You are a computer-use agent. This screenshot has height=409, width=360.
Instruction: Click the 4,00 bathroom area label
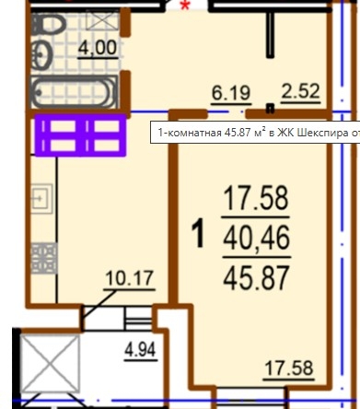pyautogui.click(x=98, y=48)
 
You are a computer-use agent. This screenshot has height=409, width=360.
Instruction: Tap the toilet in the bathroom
pyautogui.click(x=49, y=24)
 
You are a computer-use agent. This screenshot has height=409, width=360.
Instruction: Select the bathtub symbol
pyautogui.click(x=74, y=91)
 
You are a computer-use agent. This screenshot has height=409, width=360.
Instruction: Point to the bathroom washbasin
pyautogui.click(x=42, y=55)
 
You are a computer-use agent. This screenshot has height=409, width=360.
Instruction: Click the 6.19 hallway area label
pyautogui.click(x=231, y=93)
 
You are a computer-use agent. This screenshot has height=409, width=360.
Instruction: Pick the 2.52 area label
pyautogui.click(x=300, y=91)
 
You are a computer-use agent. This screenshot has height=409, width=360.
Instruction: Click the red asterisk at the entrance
pyautogui.click(x=185, y=6)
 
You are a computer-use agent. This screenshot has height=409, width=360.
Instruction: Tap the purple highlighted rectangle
pyautogui.click(x=80, y=135)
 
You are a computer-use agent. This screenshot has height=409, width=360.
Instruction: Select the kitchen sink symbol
pyautogui.click(x=42, y=199)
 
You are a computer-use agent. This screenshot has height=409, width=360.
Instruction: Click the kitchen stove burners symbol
pyautogui.click(x=44, y=258)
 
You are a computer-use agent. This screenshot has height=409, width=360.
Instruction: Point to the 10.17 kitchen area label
pyautogui.click(x=129, y=279)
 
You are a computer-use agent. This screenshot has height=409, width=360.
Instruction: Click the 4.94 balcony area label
pyautogui.click(x=140, y=350)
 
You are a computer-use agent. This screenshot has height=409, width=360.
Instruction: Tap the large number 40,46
pyautogui.click(x=257, y=238)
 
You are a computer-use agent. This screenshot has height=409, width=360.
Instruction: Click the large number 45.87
pyautogui.click(x=257, y=278)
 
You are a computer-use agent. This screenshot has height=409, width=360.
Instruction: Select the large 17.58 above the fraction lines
pyautogui.click(x=256, y=198)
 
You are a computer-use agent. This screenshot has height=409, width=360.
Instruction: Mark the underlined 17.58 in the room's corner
pyautogui.click(x=289, y=368)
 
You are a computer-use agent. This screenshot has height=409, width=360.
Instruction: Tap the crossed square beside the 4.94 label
pyautogui.click(x=51, y=364)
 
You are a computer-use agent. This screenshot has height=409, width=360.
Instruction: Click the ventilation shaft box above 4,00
pyautogui.click(x=102, y=19)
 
